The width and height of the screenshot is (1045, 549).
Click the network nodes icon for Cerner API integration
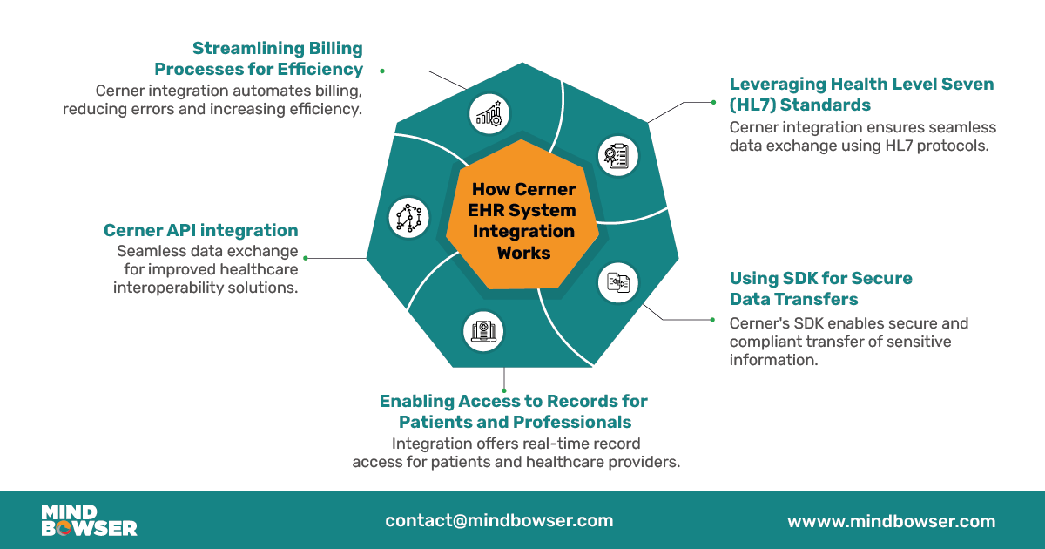407,217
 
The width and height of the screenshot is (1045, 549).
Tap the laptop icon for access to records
482,331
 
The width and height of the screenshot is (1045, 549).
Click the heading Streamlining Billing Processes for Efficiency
259,58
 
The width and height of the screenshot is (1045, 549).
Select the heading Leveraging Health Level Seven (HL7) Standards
860,94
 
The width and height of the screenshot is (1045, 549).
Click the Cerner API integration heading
200,230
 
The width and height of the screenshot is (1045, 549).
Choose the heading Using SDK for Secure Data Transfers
819,288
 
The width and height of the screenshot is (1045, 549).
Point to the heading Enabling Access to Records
514,411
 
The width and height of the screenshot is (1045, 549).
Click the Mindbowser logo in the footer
89,520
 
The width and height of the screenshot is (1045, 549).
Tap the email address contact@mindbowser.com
499,521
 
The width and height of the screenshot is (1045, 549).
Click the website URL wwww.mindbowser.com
891,521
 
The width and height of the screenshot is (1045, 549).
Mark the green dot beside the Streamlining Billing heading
381,70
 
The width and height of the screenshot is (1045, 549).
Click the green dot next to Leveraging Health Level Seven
713,102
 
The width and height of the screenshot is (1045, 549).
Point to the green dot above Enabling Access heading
505,391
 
